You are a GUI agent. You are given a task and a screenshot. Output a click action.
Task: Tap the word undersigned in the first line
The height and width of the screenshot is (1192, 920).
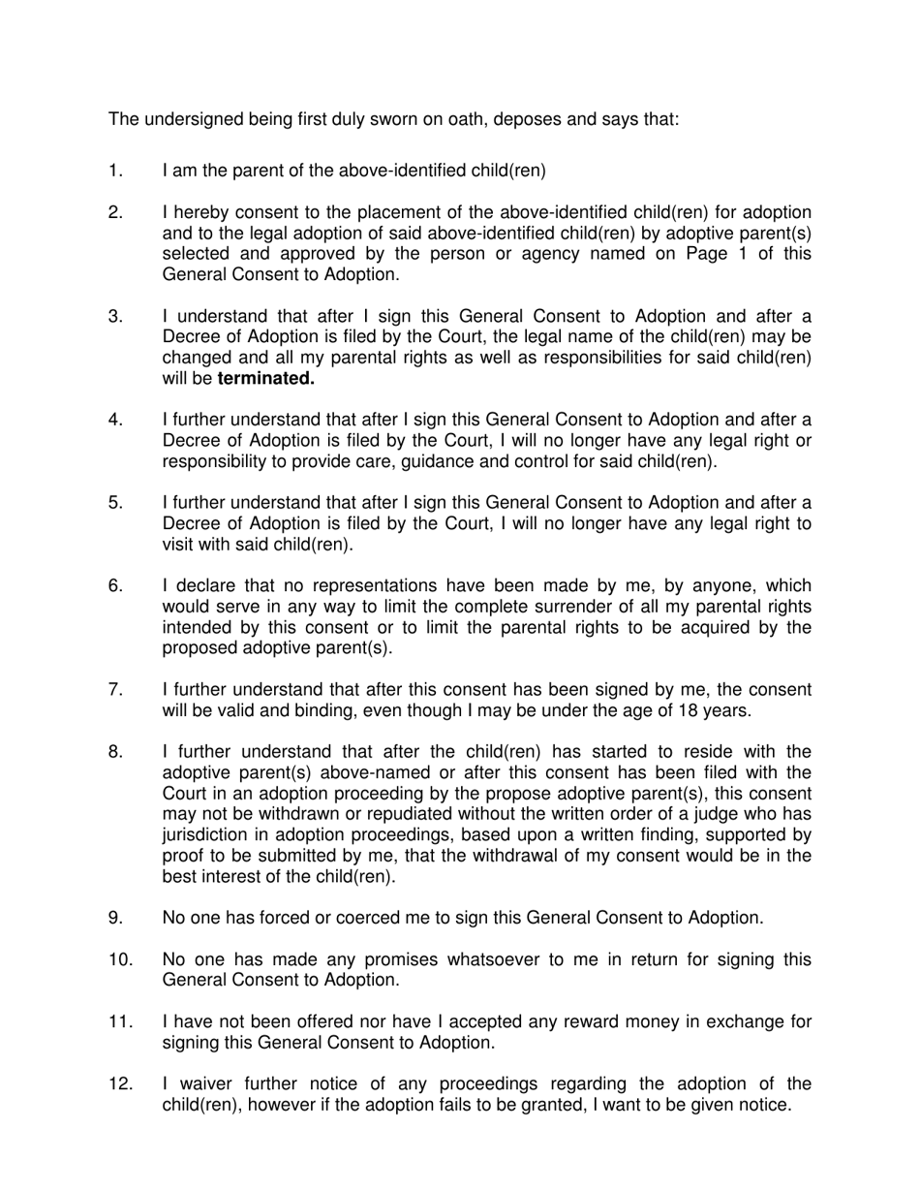[190, 119]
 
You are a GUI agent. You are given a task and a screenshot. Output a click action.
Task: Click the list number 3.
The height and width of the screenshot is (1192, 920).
[115, 317]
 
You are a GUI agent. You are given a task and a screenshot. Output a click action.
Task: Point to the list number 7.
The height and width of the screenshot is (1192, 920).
[115, 690]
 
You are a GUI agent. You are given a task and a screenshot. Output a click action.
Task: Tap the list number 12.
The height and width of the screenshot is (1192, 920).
[120, 1084]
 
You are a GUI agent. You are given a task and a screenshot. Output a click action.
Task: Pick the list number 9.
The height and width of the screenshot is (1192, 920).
[115, 918]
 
